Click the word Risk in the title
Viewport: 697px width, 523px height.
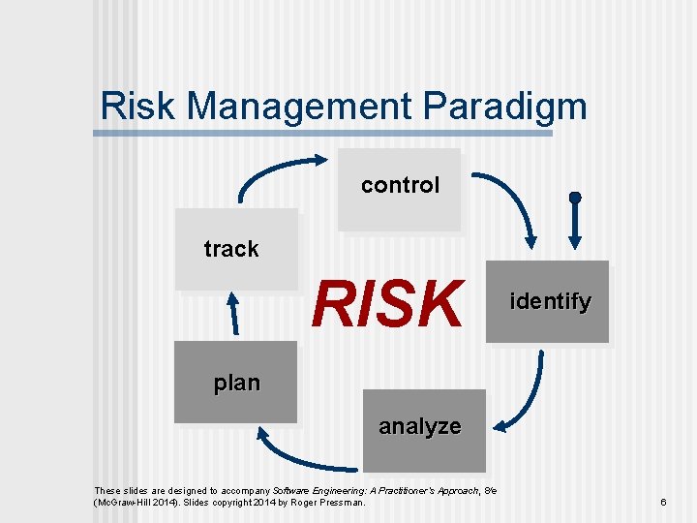(138, 106)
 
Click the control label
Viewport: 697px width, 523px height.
(400, 185)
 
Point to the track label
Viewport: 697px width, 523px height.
(231, 249)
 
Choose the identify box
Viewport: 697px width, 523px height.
(548, 302)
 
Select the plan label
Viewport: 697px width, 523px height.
(237, 383)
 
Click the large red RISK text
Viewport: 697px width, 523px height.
(386, 304)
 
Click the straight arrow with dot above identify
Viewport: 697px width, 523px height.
(575, 223)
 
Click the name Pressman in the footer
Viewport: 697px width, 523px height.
(339, 503)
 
